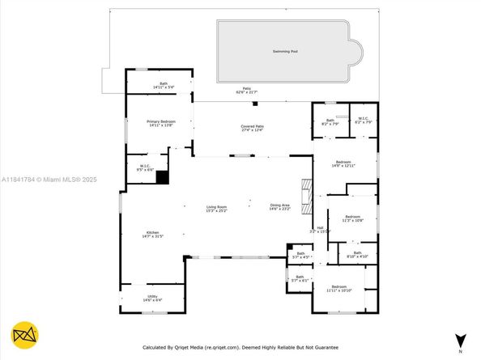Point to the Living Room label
(215, 208)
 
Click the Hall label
(321, 230)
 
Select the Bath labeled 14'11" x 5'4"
(163, 85)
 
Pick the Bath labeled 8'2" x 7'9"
(329, 122)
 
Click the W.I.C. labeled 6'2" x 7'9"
(362, 121)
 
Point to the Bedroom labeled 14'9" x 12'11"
(344, 163)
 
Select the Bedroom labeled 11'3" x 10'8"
(352, 218)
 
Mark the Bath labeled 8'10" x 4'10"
(357, 254)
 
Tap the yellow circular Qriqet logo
(26, 335)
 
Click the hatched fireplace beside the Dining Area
(306, 197)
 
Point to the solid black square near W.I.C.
(162, 180)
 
